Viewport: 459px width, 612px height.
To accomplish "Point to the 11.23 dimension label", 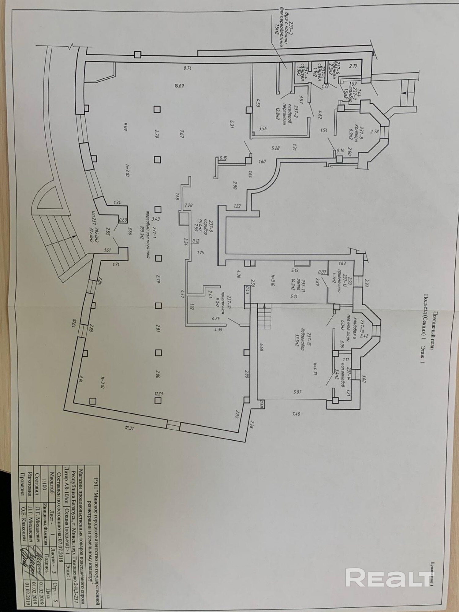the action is [x=158, y=393].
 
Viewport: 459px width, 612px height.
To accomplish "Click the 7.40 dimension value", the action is [x=296, y=414].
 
